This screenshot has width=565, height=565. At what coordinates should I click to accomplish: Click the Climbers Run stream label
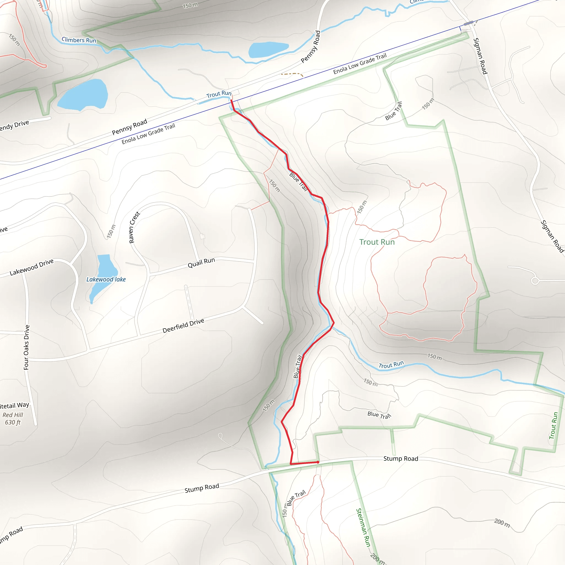[x=79, y=40]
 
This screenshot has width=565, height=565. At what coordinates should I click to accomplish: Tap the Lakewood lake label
[x=106, y=279]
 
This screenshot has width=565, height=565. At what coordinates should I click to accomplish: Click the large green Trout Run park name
[x=377, y=242]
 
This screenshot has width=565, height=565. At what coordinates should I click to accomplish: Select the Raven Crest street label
[x=134, y=227]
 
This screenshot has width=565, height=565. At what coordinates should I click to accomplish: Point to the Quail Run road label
[x=201, y=262]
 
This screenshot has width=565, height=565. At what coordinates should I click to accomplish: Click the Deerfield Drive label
[x=183, y=326]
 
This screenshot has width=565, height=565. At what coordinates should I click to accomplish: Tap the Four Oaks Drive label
[x=26, y=347]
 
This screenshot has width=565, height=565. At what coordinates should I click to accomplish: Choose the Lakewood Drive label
[x=31, y=267]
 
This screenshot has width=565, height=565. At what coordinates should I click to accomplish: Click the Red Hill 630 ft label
[x=13, y=419]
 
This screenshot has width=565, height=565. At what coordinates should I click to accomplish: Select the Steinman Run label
[x=364, y=527]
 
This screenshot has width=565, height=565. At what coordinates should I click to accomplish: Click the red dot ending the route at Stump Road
[x=318, y=462]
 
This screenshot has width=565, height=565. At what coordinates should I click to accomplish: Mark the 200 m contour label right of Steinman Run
[x=502, y=523]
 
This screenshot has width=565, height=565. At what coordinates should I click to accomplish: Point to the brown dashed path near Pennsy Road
[x=292, y=74]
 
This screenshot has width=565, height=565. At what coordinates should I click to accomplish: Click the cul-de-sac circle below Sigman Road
[x=535, y=281]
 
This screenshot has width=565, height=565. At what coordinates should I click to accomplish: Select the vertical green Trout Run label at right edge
[x=553, y=425]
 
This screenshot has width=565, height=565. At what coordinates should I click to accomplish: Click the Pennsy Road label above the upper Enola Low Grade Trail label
[x=311, y=47]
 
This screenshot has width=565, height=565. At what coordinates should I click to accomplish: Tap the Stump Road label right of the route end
[x=401, y=459]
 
